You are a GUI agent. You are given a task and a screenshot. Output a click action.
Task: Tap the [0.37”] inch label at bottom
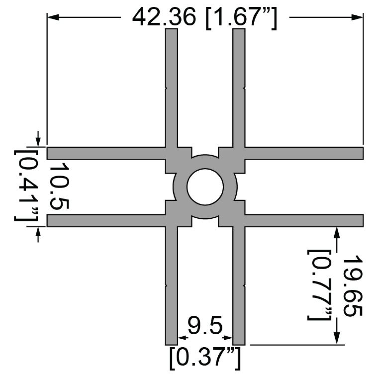(x=205, y=358)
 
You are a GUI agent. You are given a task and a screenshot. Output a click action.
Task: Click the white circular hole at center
(x=205, y=187)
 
